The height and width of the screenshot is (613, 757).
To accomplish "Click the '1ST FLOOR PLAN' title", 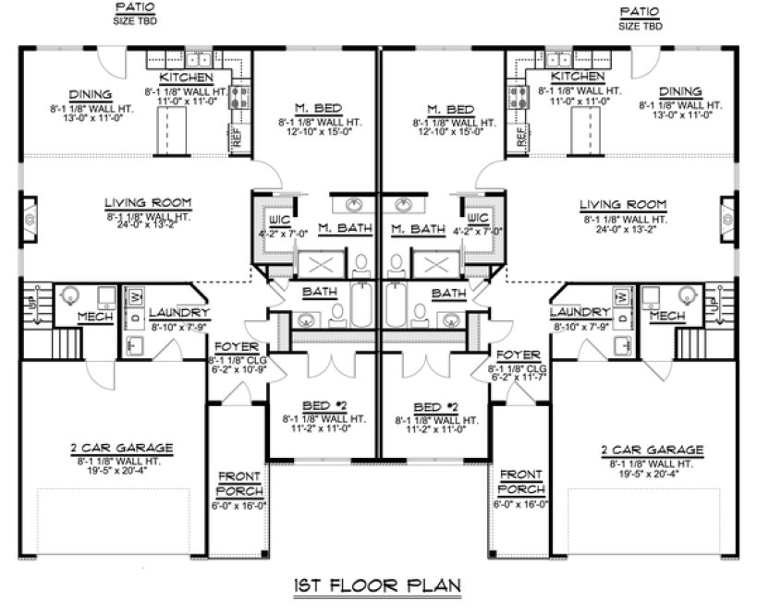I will [376, 584].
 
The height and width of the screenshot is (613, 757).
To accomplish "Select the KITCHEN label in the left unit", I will [188, 78].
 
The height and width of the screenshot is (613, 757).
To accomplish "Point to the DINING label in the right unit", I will [681, 92].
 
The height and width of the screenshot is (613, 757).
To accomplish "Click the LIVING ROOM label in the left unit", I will [141, 202].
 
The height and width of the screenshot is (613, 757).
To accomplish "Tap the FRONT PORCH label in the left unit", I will [239, 484].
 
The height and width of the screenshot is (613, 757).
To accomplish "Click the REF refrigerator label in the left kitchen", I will [236, 138].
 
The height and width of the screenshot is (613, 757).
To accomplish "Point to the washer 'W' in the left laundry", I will [136, 296].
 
